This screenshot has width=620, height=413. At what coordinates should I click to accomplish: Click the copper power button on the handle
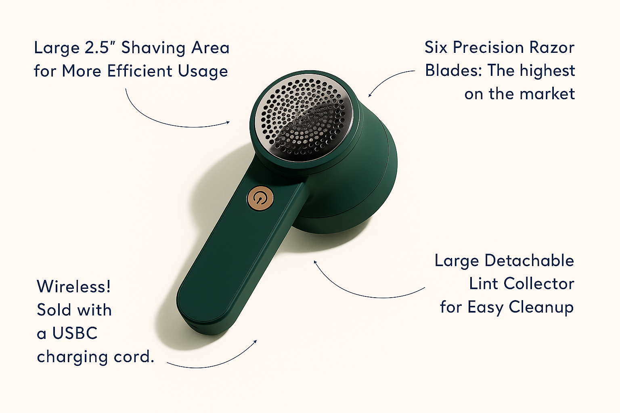[x=260, y=198]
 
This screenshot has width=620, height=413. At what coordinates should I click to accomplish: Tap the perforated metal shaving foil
[x=304, y=117]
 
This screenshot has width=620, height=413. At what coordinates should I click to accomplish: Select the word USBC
[x=75, y=333]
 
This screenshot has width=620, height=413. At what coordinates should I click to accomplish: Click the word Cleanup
[x=541, y=308]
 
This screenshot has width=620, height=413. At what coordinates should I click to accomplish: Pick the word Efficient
[x=140, y=71]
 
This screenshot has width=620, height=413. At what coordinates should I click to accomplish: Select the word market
[x=547, y=94]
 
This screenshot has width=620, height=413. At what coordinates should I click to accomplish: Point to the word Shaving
[x=153, y=48]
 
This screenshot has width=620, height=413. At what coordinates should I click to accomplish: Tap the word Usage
[x=203, y=71]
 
